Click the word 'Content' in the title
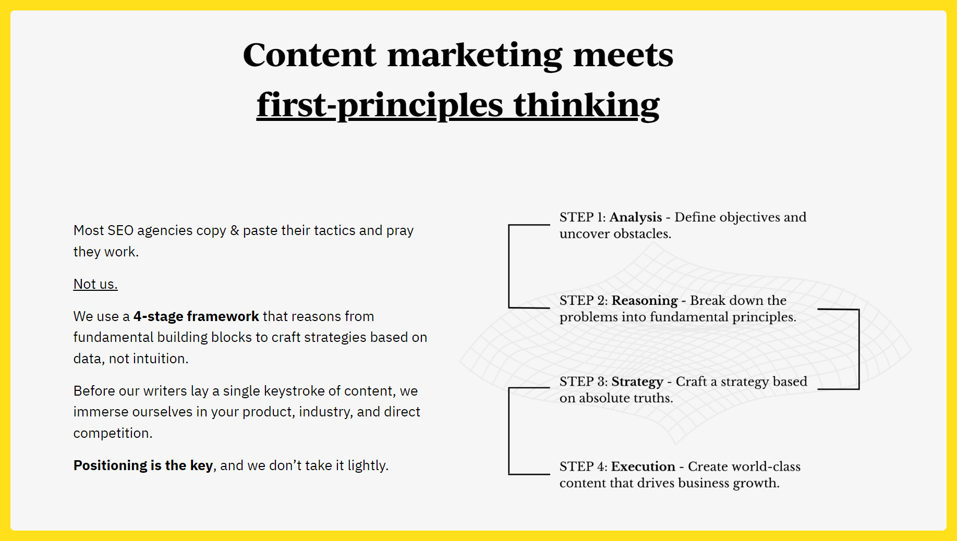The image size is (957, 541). (x=309, y=55)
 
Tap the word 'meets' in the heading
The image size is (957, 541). (x=623, y=55)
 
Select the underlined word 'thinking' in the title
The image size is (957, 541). (x=586, y=105)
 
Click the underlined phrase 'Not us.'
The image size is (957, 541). (x=95, y=284)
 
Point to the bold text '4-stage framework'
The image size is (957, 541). (x=196, y=316)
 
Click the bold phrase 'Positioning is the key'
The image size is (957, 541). (x=143, y=465)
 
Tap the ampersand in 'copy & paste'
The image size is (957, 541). (x=235, y=230)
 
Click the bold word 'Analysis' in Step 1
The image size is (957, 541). (x=636, y=217)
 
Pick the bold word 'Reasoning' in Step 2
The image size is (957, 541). (x=645, y=301)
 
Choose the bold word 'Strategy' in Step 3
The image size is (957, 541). (x=637, y=382)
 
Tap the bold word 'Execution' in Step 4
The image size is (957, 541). (x=643, y=466)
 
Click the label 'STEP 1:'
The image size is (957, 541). (x=583, y=217)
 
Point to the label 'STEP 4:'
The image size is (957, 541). (x=584, y=466)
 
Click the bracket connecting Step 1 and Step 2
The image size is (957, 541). (x=509, y=266)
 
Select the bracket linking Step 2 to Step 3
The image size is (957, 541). (x=858, y=349)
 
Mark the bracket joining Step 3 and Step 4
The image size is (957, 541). (x=509, y=431)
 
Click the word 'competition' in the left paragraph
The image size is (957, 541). (x=112, y=433)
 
